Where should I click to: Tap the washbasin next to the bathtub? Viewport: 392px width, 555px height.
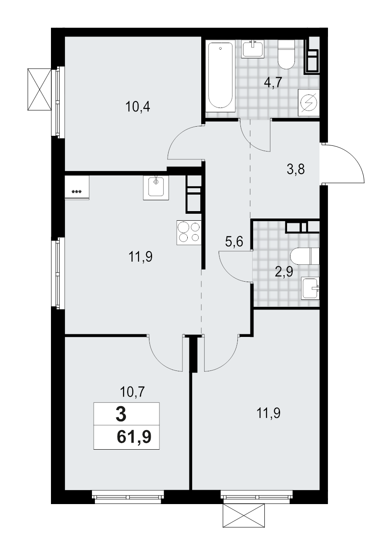coord(253,49)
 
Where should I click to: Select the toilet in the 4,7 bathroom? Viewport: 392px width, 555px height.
coord(286,54)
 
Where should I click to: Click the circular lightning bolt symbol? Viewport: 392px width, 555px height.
coord(309,103)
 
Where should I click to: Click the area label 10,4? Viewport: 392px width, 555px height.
coord(138,107)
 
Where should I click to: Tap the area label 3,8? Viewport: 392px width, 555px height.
coord(295,169)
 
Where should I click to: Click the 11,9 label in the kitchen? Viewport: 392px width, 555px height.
coord(140,257)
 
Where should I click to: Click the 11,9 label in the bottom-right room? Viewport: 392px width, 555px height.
coord(268,412)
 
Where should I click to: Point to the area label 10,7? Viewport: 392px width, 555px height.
coord(132,392)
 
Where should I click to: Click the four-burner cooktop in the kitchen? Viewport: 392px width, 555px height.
coord(189,233)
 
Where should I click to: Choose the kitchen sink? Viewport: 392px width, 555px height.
coord(155,188)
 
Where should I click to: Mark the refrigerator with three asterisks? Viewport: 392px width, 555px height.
coord(77,188)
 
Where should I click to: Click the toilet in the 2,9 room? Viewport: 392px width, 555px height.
coord(305,256)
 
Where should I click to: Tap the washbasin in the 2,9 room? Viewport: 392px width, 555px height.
coord(311,288)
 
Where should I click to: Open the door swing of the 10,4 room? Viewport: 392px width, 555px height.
coord(183,141)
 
